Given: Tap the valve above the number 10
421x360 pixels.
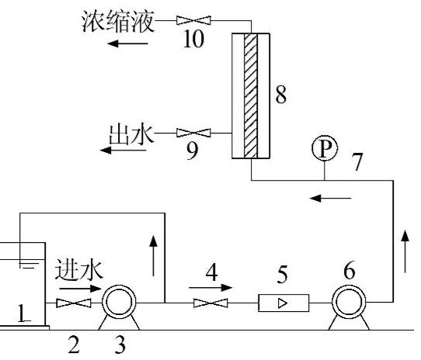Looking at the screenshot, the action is tap(193, 20).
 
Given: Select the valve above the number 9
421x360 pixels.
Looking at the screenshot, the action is tap(193, 133).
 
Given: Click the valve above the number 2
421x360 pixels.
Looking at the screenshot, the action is tap(74, 303).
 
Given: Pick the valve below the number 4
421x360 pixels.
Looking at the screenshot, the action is tap(210, 303).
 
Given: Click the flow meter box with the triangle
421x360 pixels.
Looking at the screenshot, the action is tap(284, 303).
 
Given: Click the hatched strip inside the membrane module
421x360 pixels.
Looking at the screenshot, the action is tap(251, 95).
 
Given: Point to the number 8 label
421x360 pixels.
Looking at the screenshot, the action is tap(281, 95).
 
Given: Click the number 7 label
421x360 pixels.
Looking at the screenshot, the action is tap(357, 161).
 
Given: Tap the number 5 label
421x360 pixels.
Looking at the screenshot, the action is tap(282, 274).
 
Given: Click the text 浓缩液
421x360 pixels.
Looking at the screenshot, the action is tap(118, 22).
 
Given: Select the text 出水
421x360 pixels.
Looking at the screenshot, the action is tap(131, 134).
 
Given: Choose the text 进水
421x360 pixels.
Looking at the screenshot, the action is tap(79, 269).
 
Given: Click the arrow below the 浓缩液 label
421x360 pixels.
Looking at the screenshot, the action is tap(127, 43).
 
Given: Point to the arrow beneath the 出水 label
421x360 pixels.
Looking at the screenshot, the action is tap(123, 151).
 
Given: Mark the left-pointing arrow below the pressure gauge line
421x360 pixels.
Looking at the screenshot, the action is tap(330, 199).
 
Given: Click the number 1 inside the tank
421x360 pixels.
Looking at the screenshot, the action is tap(23, 313).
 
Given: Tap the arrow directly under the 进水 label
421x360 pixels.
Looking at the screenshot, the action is tap(80, 289).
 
